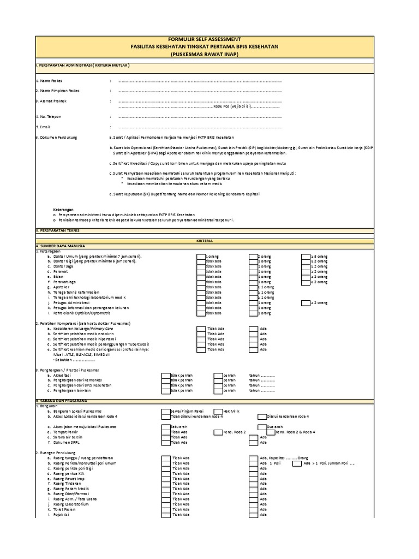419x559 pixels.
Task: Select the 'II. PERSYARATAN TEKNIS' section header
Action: pyautogui.click(x=57, y=231)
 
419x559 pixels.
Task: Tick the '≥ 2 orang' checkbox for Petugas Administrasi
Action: pyautogui.click(x=305, y=302)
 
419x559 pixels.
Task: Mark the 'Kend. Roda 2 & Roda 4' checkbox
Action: pyautogui.click(x=270, y=432)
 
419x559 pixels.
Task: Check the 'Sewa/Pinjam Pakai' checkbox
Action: pyautogui.click(x=166, y=411)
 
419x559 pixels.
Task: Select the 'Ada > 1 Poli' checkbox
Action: pyautogui.click(x=297, y=463)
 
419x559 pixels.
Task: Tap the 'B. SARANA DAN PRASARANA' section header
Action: pyautogui.click(x=59, y=401)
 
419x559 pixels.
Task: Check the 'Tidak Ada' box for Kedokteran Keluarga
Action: pyautogui.click(x=201, y=329)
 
